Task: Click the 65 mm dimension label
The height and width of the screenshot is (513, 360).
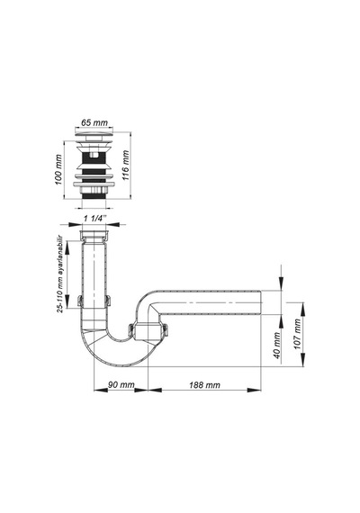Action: click(94, 122)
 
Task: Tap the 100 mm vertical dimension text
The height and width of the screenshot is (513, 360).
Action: click(58, 170)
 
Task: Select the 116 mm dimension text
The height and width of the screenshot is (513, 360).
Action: click(125, 166)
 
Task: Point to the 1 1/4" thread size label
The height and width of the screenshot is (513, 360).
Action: click(94, 219)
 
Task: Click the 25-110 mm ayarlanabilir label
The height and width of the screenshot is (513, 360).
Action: click(60, 274)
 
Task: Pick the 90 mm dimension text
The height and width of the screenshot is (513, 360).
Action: click(121, 385)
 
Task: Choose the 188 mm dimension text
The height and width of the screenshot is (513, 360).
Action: click(204, 385)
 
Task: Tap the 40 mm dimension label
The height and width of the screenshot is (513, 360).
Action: click(277, 346)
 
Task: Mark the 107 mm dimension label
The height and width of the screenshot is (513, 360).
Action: click(297, 334)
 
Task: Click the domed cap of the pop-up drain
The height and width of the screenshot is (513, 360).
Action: click(94, 134)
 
